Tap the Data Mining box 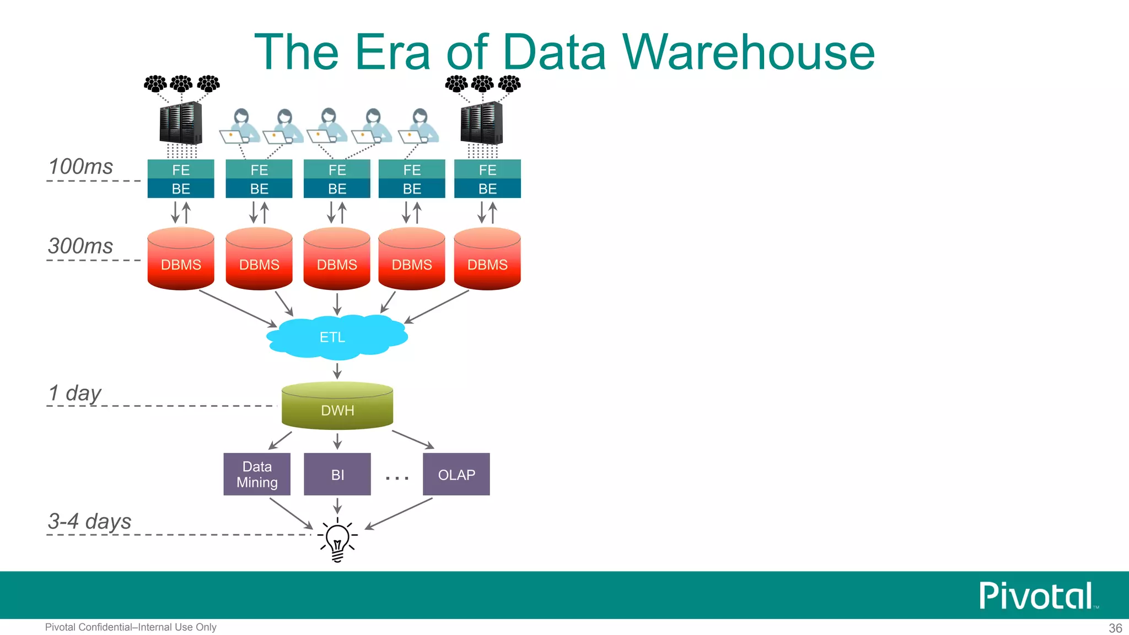tap(257, 474)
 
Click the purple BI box tap(337, 474)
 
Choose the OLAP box tap(456, 474)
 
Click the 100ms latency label tap(80, 166)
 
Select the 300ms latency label tap(80, 246)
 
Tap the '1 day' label tap(75, 394)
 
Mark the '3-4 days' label tap(89, 521)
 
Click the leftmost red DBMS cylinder tap(181, 259)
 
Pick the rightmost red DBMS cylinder tap(487, 259)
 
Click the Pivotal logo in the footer tap(1036, 596)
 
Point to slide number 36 tap(1115, 628)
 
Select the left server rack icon tap(181, 122)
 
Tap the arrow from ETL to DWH tap(337, 370)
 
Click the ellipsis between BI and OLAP tap(397, 477)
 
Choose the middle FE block tap(337, 170)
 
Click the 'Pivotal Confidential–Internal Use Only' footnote tap(131, 627)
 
